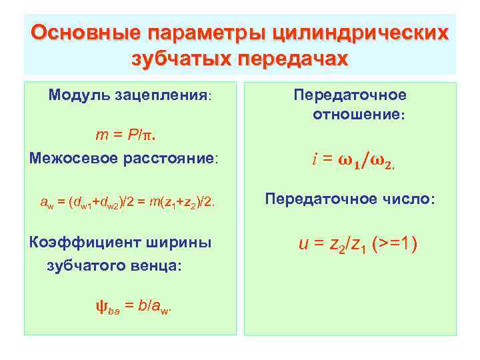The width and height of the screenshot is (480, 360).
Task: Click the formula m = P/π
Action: click(129, 135)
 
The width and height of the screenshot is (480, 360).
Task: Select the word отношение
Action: click(359, 114)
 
